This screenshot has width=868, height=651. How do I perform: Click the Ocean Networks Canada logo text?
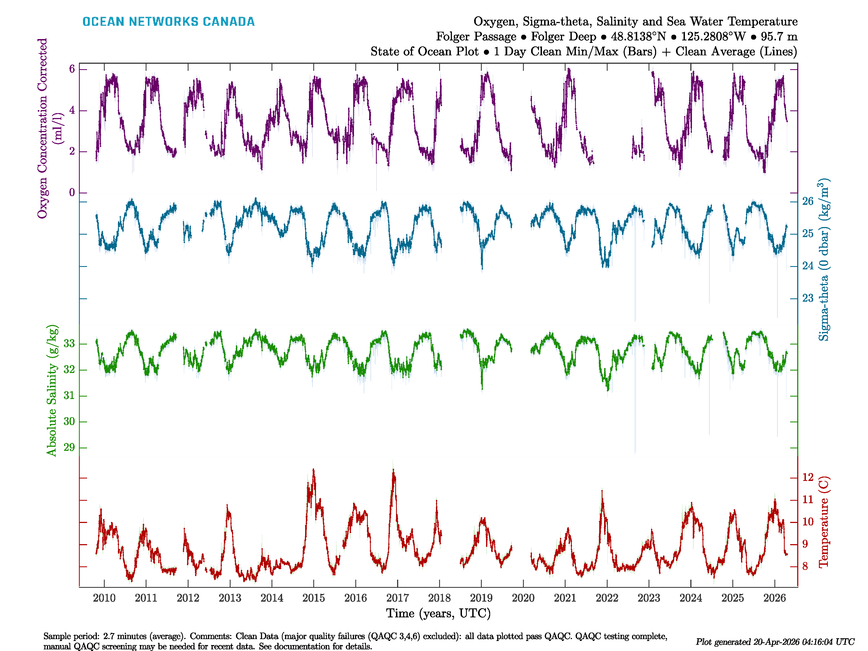pos(168,22)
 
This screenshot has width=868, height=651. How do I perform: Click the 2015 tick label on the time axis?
pos(314,598)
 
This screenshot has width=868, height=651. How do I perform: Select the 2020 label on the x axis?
pos(523,598)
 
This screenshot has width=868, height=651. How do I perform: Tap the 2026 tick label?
pos(775,598)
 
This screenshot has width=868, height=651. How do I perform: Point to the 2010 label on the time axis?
pos(104,598)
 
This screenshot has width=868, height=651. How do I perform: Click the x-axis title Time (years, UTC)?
pos(438,613)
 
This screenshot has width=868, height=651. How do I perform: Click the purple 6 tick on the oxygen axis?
pos(72,69)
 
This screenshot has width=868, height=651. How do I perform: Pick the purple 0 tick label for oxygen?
pos(72,193)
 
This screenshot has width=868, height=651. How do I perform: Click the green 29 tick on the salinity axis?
pos(69,447)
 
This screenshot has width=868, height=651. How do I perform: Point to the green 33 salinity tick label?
pos(69,344)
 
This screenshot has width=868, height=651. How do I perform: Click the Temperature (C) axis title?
pos(824,522)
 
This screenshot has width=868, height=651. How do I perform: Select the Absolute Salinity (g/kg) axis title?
pos(52,390)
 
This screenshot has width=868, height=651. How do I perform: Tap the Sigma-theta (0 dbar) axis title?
pos(824,259)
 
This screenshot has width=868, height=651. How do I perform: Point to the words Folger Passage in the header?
pos(476,37)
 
